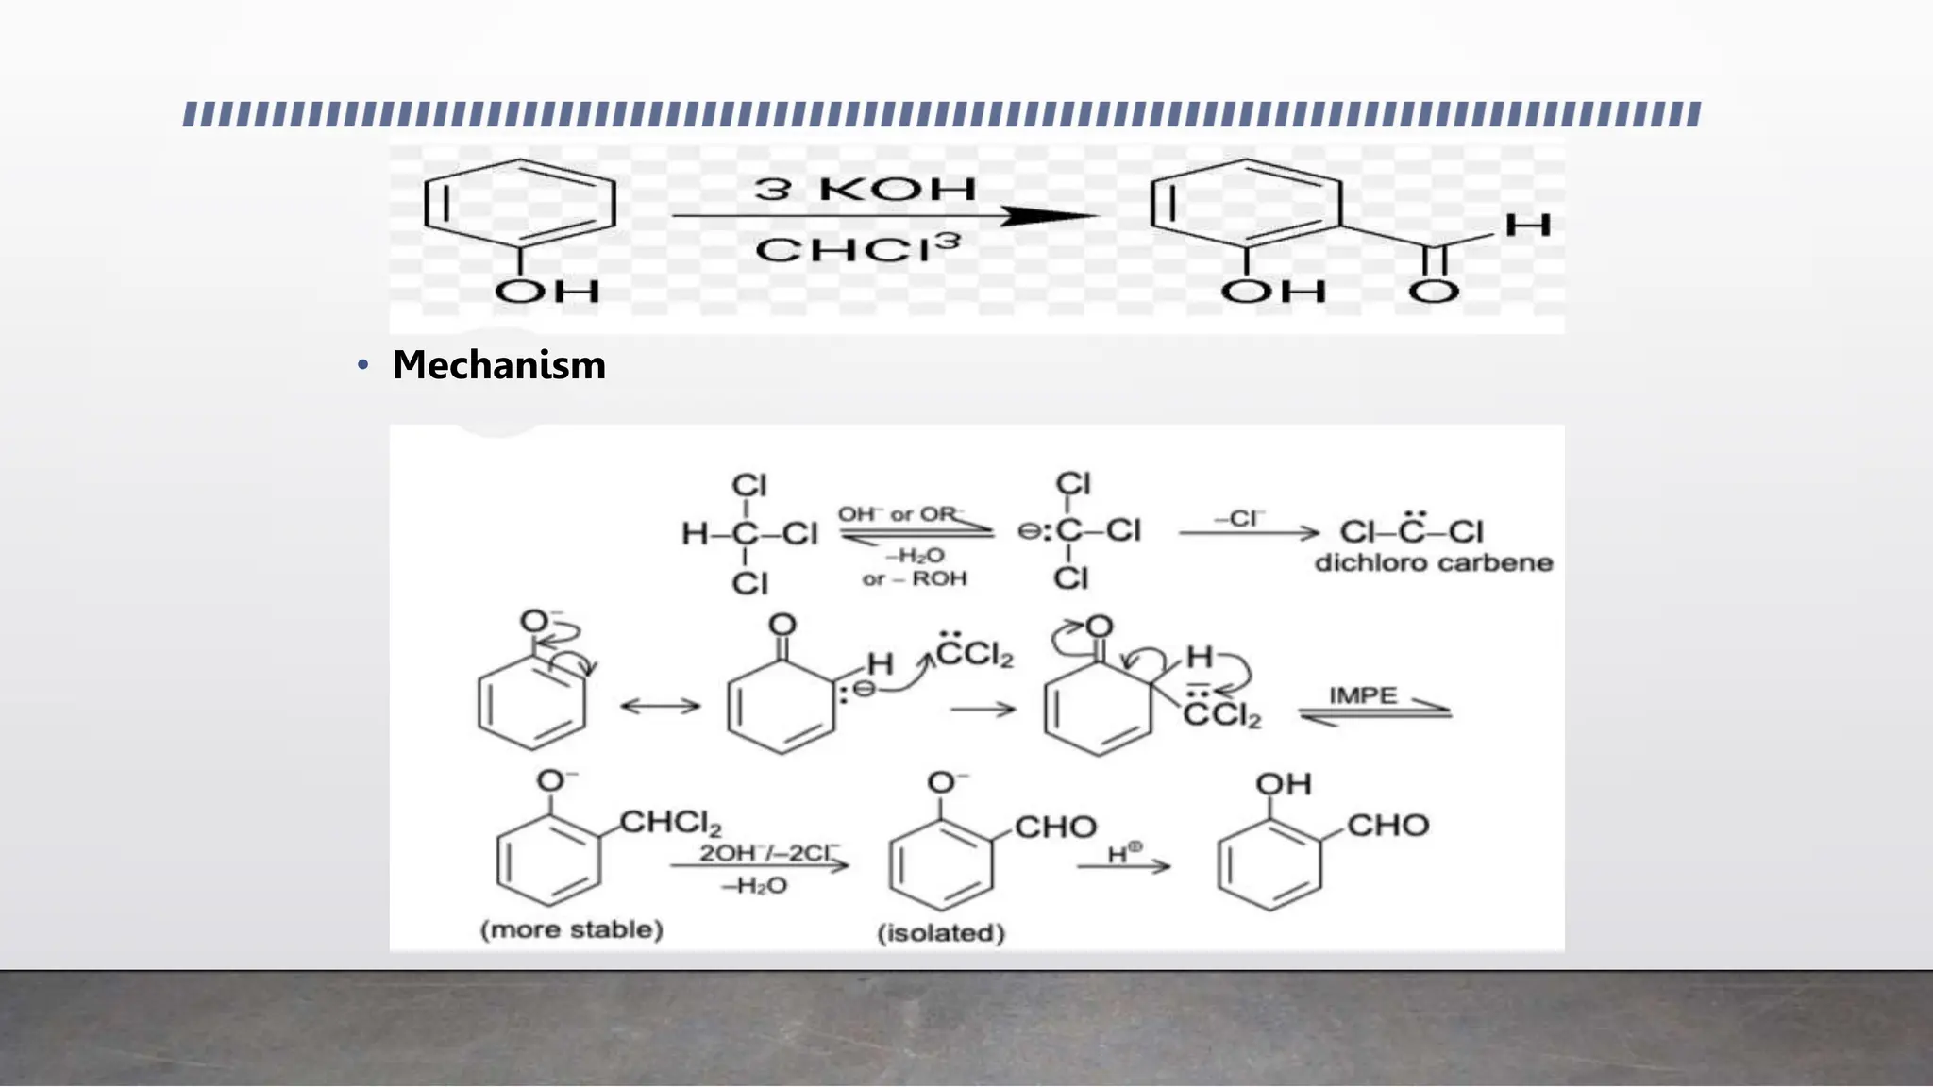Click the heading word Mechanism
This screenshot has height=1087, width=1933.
498,365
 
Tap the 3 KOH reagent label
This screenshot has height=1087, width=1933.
865,189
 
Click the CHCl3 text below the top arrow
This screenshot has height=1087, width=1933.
857,249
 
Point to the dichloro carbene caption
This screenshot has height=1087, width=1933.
1433,563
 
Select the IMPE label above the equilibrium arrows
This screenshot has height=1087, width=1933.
1362,695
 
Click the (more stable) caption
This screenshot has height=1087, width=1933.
572,929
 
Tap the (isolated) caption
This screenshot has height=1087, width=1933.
941,933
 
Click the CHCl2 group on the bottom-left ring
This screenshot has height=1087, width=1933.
670,824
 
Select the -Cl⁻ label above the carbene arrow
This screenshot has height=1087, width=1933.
1239,518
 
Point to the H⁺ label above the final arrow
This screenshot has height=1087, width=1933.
1124,853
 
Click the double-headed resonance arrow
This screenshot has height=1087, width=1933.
660,706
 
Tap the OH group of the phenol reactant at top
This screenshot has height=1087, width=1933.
547,291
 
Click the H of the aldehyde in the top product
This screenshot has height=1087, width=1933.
1527,225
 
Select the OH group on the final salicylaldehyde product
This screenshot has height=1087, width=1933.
1283,784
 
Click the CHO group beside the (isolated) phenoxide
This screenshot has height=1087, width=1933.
1055,828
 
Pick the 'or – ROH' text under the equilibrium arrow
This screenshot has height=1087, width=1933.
914,578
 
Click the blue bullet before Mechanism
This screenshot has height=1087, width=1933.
362,365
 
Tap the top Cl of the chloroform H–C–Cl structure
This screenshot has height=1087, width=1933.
749,485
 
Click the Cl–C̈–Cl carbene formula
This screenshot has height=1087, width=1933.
1411,530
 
